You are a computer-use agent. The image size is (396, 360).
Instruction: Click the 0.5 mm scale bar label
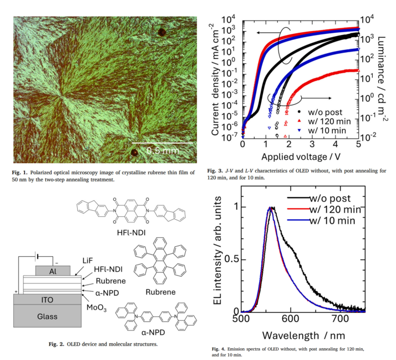(163, 150)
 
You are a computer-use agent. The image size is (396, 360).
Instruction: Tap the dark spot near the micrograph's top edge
(161, 32)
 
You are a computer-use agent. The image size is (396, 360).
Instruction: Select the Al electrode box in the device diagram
(53, 271)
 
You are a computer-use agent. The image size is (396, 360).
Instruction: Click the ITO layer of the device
(47, 300)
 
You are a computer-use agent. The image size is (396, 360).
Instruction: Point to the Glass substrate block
(47, 316)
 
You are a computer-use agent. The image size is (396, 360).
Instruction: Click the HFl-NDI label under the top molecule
(131, 232)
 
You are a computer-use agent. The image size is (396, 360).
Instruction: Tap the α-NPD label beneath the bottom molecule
(153, 332)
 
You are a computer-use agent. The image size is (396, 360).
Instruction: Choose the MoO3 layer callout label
(97, 308)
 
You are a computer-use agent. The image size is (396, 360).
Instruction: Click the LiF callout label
(88, 261)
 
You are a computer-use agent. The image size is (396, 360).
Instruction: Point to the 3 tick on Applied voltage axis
(312, 144)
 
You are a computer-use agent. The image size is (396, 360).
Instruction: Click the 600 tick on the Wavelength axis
(291, 318)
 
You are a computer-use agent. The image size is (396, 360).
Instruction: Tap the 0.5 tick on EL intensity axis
(232, 260)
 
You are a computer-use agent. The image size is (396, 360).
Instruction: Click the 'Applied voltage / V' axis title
(301, 157)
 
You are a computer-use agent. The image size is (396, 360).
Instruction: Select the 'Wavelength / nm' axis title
(303, 336)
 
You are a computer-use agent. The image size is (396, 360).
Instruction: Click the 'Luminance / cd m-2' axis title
(382, 79)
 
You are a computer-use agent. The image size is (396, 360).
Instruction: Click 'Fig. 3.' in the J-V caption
(215, 171)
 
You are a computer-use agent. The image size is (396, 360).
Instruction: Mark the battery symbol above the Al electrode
(38, 257)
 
